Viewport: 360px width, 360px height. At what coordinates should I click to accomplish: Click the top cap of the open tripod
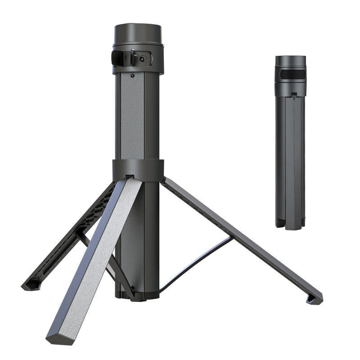137,33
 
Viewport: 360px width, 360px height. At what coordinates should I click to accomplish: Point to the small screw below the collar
132,76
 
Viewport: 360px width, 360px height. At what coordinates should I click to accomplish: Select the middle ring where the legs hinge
138,169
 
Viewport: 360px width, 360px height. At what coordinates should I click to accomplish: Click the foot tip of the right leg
314,298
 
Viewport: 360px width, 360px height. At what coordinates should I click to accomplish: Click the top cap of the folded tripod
290,61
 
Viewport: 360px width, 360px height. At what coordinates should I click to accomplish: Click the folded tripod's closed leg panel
291,157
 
